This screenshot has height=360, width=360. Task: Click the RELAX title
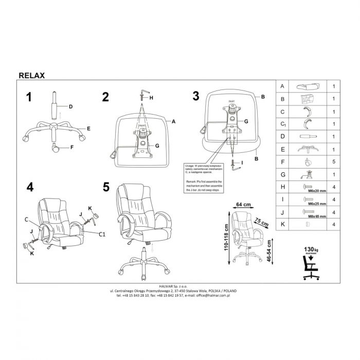[x=32, y=75]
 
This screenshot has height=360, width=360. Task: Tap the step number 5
[x=106, y=187]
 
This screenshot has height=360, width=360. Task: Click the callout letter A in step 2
[x=174, y=122]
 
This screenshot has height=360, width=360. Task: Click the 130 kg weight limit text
[x=310, y=249]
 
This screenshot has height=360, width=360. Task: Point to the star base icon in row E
[x=308, y=149]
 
